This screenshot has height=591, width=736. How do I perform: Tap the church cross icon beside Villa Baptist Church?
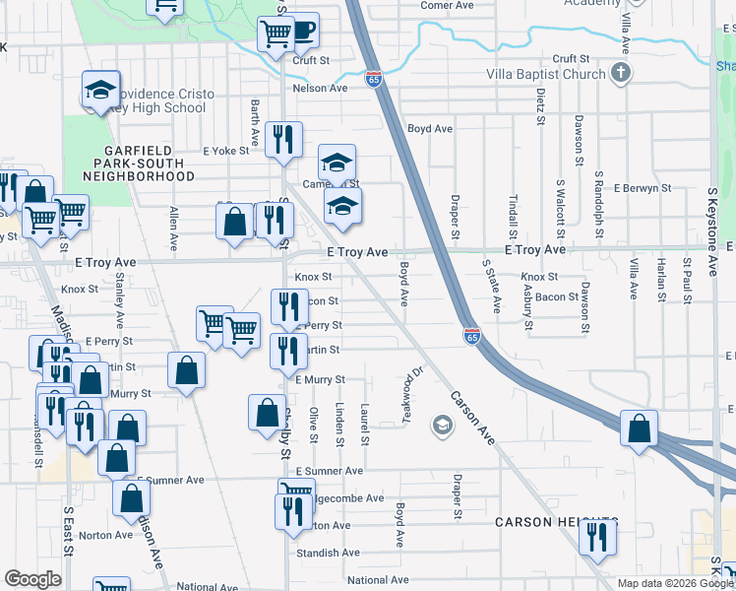pos(620,73)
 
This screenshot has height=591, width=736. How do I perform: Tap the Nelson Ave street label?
pos(321,88)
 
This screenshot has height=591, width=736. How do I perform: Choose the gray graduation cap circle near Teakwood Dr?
pos(442,426)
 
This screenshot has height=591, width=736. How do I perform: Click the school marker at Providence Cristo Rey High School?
pos(100,90)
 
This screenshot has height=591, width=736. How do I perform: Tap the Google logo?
pos(32,579)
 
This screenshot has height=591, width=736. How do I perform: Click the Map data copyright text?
pos(674,583)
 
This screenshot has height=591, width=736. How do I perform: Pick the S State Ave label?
pos(490,287)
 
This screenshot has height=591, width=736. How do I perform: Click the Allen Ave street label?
pos(174,230)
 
